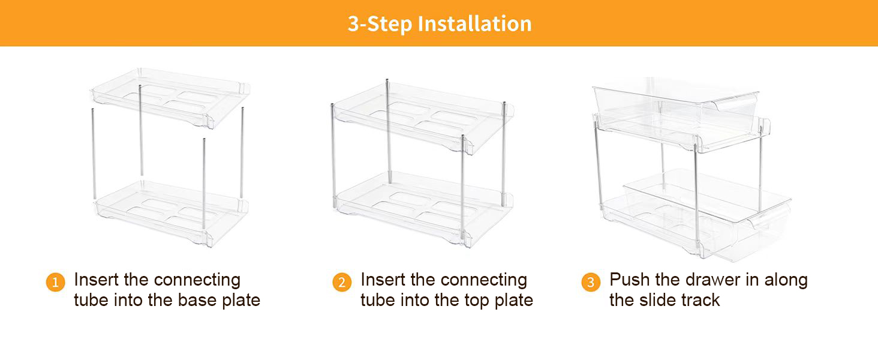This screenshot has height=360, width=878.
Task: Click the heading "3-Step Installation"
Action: (x=439, y=23)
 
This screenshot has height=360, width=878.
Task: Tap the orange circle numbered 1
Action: (x=55, y=282)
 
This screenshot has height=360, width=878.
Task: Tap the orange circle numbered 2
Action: (x=342, y=282)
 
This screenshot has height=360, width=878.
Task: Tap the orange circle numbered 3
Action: (x=591, y=282)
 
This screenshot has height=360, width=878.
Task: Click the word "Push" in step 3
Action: (x=629, y=280)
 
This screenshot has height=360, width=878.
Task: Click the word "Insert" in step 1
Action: (x=96, y=280)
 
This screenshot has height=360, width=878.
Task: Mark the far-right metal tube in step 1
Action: (x=242, y=153)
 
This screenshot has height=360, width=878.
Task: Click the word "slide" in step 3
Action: (x=663, y=300)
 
